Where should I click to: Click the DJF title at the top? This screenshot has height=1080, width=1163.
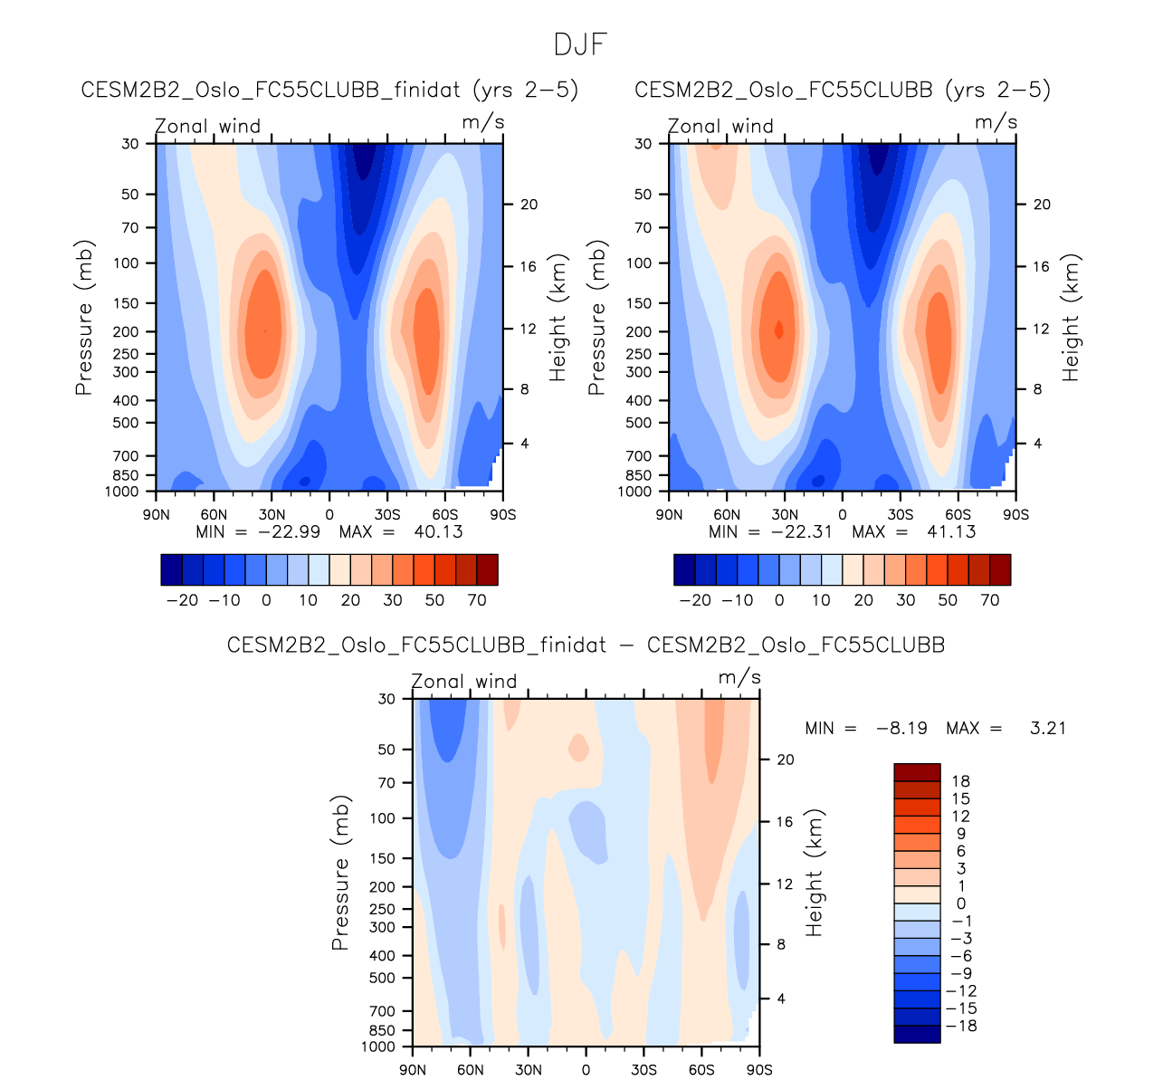pos(580,43)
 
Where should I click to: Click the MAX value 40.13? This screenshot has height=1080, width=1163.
pos(438,531)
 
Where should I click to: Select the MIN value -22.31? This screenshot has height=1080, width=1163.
pos(801,531)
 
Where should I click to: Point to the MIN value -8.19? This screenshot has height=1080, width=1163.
pos(901,728)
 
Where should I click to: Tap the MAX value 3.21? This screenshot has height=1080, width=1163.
pos(1047,728)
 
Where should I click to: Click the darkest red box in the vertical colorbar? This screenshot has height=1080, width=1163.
pos(917,772)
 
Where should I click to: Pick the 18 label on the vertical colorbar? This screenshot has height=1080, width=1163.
pos(960,781)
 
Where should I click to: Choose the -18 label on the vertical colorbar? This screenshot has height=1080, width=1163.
pos(960,1026)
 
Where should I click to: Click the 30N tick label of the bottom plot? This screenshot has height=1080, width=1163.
pos(529,1070)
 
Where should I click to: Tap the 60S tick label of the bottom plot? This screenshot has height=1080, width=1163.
pos(701,1070)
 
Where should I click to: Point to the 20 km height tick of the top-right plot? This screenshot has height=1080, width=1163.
pos(1042,205)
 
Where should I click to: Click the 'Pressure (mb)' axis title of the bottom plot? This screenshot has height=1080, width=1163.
pos(340,873)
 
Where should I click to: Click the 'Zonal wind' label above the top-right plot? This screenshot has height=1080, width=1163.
pos(720,126)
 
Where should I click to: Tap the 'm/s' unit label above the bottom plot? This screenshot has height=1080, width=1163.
pos(739,678)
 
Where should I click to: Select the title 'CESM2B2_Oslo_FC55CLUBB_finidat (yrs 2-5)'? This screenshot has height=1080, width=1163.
pos(329,90)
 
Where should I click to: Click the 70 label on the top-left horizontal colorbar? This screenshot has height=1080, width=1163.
pos(477,600)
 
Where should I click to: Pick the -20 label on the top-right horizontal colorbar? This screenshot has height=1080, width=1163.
pos(695,600)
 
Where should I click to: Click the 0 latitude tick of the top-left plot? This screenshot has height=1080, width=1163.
pos(329,514)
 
